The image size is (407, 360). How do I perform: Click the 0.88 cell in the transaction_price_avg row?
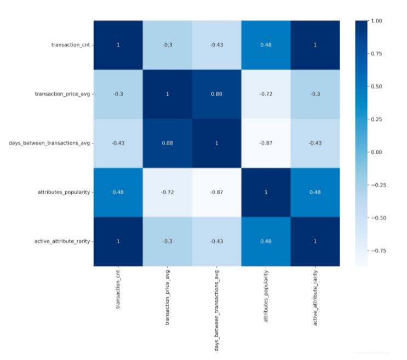[216, 94]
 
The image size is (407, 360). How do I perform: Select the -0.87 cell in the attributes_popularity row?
[216, 193]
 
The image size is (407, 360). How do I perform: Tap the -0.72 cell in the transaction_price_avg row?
[266, 94]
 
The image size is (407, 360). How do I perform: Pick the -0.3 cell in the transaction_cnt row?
[167, 45]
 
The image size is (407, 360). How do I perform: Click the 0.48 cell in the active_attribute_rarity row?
[266, 241]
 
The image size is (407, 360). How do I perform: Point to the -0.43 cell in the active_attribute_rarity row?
[216, 241]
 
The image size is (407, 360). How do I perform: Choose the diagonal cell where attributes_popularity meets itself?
[266, 193]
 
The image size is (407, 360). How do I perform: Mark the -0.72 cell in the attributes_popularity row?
[167, 193]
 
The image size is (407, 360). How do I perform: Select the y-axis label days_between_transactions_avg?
[49, 143]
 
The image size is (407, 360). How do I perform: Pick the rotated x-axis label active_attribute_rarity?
[315, 297]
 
